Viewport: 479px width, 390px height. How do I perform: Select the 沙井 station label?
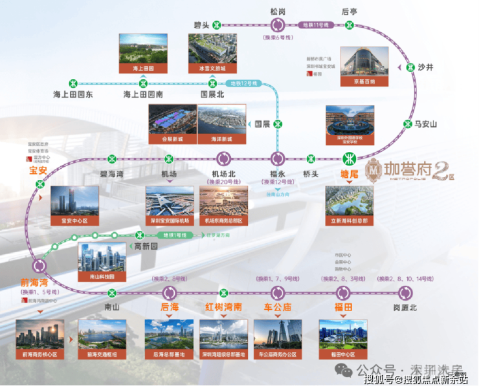coord(425,67)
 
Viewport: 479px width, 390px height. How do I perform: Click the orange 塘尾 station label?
coord(349,173)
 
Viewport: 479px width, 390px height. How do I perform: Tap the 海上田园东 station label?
coord(73,94)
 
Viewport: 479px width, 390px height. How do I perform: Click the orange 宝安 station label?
coord(38,171)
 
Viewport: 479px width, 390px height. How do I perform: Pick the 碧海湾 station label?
coord(113,173)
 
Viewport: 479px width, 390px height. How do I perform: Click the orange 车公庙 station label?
coord(277,307)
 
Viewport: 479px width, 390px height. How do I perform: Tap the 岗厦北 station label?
coord(405,307)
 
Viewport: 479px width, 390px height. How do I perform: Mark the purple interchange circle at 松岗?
coord(277,25)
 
